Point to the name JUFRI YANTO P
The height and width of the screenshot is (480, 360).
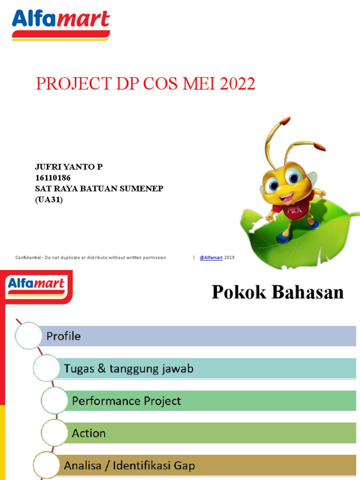(69, 167)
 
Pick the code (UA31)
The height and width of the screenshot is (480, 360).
(49, 199)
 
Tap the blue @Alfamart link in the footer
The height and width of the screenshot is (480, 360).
(211, 258)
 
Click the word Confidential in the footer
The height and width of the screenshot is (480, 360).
(29, 258)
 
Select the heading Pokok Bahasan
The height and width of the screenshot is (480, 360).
(277, 292)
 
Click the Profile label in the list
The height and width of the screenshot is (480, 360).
(63, 336)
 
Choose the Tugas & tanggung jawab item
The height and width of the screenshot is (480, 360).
(128, 369)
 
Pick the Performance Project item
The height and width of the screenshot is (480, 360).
(126, 401)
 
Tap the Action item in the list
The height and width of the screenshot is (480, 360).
(89, 434)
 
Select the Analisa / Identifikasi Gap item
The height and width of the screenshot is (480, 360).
(129, 466)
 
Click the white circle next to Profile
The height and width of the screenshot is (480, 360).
(29, 336)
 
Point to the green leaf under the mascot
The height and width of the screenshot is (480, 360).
(323, 234)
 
